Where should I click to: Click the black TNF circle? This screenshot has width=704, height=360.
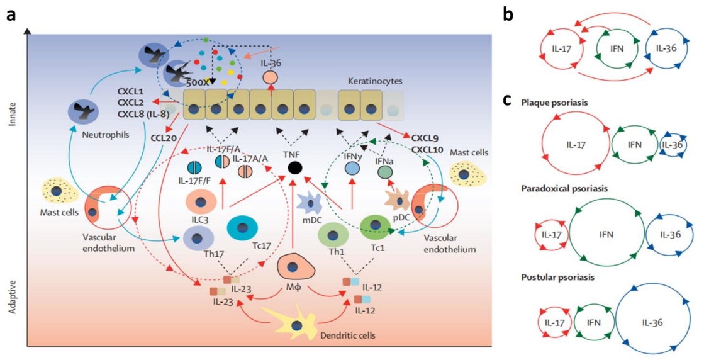(x=294, y=168)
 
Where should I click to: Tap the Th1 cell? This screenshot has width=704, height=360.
(x=333, y=235)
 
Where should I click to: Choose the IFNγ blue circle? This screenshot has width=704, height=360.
(x=352, y=168)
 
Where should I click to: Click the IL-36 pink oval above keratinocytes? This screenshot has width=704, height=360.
(x=271, y=77)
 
